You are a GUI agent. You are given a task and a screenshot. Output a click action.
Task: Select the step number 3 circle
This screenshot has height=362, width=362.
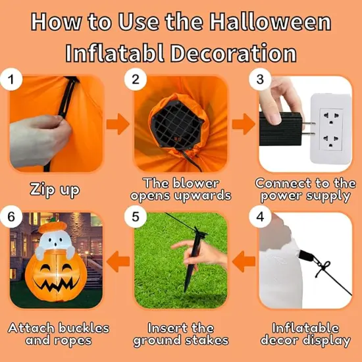pyautogui.click(x=261, y=80)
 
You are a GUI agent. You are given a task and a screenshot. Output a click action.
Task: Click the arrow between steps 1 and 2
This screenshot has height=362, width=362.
pyautogui.click(x=118, y=123)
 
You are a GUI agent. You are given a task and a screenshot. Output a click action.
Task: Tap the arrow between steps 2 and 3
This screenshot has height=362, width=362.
pyautogui.click(x=243, y=123)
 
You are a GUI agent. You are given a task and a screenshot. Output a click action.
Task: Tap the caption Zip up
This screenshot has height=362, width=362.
pyautogui.click(x=55, y=190)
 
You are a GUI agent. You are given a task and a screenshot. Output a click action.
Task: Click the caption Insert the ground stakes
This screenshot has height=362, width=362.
pyautogui.click(x=181, y=334)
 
